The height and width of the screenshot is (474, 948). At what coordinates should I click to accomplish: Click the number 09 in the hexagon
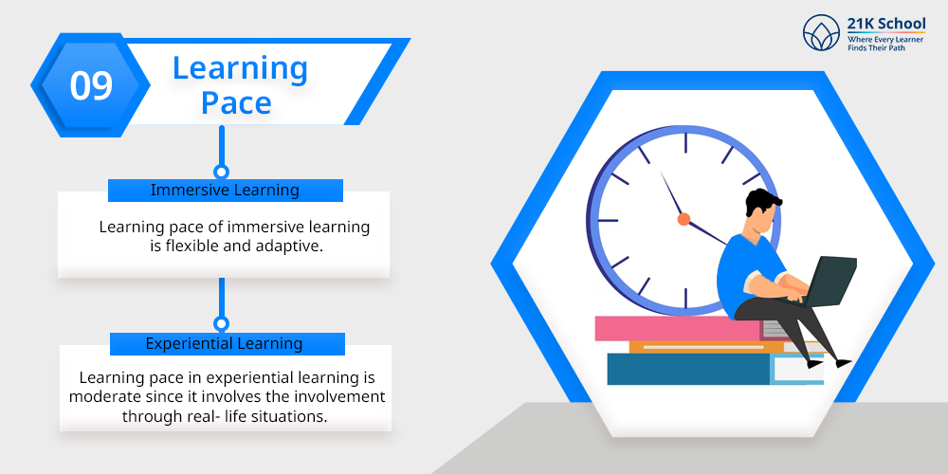pos(91,85)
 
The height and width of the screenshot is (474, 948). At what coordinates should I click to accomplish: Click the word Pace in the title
pos(236,102)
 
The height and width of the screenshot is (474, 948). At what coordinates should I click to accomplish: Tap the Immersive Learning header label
pos(225,190)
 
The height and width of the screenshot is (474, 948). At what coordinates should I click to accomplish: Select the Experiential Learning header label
pos(225,343)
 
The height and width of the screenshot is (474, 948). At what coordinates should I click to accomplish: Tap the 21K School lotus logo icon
pos(821,32)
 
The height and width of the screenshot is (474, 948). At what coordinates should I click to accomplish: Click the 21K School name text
pos(885,24)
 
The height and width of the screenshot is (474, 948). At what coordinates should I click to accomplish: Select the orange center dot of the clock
pos(684,219)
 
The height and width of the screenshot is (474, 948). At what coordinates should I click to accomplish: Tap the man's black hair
pos(762,201)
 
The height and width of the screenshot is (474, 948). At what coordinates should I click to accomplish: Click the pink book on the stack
pos(678,328)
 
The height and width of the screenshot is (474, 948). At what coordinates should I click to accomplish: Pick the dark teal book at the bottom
pos(688,369)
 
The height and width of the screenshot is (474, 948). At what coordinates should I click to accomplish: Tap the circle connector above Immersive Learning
pos(222,172)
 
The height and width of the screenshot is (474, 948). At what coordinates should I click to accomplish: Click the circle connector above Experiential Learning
pos(222,324)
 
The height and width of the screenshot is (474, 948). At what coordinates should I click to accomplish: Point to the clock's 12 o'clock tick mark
pos(685,143)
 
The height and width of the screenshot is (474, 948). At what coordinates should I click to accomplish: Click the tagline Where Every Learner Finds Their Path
pos(885,44)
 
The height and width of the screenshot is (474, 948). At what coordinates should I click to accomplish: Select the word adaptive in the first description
pos(292,246)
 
